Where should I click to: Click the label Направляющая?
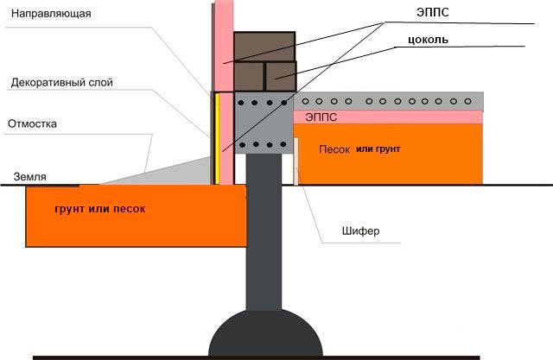[51, 14]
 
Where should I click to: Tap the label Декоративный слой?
[62, 82]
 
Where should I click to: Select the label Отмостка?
[32, 124]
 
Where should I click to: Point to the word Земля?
[29, 176]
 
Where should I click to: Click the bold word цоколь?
[428, 40]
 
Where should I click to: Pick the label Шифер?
[361, 231]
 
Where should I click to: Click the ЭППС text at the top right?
[433, 12]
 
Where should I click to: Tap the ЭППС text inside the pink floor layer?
[321, 117]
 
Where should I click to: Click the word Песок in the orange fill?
[334, 149]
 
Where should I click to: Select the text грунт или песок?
[100, 209]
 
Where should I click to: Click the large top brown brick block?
[264, 47]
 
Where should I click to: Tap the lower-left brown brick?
[249, 77]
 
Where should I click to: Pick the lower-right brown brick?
[281, 77]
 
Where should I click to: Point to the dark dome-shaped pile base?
[265, 333]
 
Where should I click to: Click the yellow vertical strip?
[217, 138]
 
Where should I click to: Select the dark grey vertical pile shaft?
[264, 231]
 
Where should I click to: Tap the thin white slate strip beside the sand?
[296, 161]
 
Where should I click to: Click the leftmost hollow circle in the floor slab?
[305, 102]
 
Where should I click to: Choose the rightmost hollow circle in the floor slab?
[468, 102]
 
